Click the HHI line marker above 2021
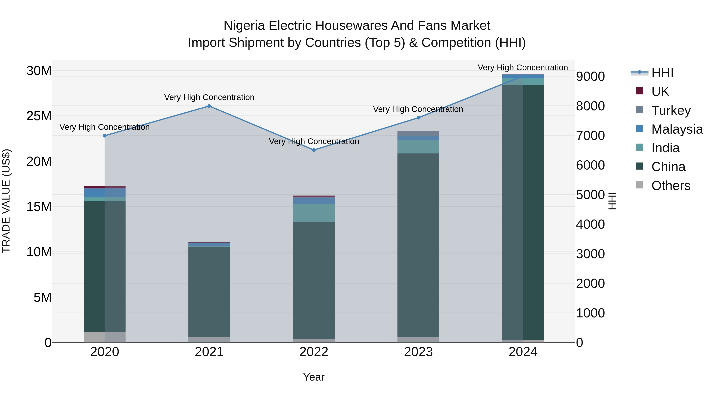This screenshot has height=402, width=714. pyautogui.click(x=209, y=106)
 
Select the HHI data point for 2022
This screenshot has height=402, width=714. pyautogui.click(x=314, y=150)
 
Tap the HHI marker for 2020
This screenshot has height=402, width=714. pyautogui.click(x=105, y=136)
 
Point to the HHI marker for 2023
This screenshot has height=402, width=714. pyautogui.click(x=418, y=118)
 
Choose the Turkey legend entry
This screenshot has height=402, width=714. pyautogui.click(x=671, y=110)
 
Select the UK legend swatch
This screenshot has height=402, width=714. pyautogui.click(x=639, y=91)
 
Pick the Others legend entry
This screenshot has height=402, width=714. pyautogui.click(x=671, y=185)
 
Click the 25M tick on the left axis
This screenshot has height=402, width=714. pyautogui.click(x=39, y=116)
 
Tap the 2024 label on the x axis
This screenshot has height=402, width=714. pyautogui.click(x=523, y=352)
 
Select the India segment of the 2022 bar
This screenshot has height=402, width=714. pyautogui.click(x=314, y=213)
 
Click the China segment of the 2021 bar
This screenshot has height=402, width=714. pyautogui.click(x=209, y=291)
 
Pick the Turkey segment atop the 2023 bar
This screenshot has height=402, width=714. pyautogui.click(x=418, y=133)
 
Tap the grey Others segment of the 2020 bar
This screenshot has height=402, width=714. pyautogui.click(x=105, y=337)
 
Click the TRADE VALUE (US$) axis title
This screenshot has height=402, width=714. pyautogui.click(x=6, y=201)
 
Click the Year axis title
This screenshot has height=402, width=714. pyautogui.click(x=314, y=377)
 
